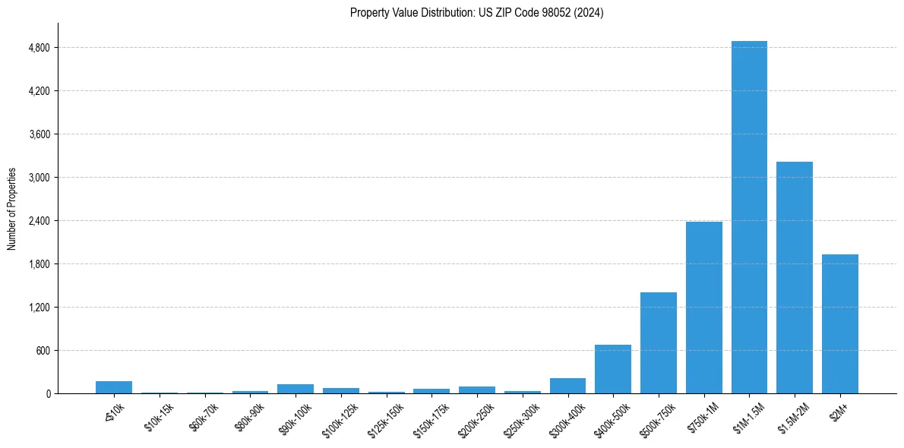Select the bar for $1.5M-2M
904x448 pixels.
[x=795, y=277]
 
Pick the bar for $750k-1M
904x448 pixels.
[x=703, y=308]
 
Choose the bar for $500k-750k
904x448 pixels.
[x=659, y=342]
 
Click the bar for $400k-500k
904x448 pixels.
[x=613, y=369]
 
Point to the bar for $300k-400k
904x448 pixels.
[x=567, y=386]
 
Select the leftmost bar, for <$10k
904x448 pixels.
[x=114, y=387]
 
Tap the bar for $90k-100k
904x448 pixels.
[x=296, y=389]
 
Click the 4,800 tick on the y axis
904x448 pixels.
[x=39, y=48]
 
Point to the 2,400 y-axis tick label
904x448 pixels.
[x=39, y=221]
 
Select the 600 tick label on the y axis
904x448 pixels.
[x=43, y=351]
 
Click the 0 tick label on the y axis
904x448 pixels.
[x=48, y=394]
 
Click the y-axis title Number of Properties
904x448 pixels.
[x=12, y=209]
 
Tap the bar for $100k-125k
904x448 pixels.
[x=341, y=390]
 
